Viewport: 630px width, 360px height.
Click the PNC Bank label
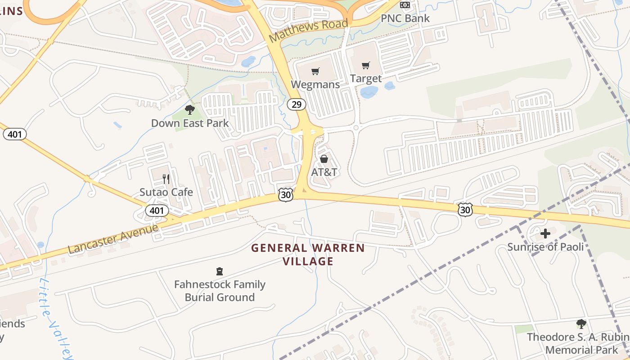coord(405,18)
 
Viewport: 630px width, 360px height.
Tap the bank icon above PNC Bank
coord(405,5)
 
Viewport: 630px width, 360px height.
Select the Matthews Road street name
coord(309,30)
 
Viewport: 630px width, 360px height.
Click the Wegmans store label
coord(315,85)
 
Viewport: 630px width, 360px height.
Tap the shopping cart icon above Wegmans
coord(315,71)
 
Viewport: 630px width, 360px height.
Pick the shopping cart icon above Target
coord(366,66)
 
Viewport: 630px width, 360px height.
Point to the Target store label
coord(366,79)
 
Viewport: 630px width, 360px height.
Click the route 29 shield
coord(296,105)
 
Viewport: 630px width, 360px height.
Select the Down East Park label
coord(190,123)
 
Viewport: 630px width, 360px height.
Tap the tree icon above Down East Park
coord(190,109)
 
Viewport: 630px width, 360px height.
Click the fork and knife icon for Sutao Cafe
coord(166,179)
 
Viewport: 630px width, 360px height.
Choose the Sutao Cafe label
coord(166,192)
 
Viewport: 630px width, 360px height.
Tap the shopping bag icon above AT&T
coord(324,159)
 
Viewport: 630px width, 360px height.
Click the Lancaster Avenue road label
coord(113,238)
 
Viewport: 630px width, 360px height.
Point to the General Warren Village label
coord(308,254)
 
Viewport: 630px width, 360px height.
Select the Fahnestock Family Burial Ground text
coord(220,291)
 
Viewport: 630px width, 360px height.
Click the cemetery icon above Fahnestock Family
coord(220,271)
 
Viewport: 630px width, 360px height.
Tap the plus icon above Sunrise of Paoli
coord(545,234)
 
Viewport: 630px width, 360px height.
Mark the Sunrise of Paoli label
coord(545,247)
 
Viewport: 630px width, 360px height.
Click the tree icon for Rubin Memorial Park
coord(581,324)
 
